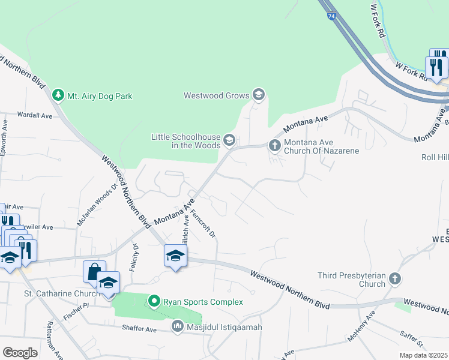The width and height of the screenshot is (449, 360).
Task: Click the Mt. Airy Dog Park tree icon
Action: click(x=58, y=95)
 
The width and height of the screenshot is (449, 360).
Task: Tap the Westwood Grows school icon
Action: click(x=259, y=95)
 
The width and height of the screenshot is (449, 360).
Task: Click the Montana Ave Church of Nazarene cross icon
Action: click(x=274, y=145)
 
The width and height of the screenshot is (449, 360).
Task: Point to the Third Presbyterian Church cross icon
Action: click(x=394, y=278)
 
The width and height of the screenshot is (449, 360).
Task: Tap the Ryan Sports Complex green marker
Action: click(x=154, y=301)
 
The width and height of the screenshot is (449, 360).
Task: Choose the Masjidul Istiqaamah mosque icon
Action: click(x=177, y=327)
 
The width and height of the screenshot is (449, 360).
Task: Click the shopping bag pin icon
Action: click(x=94, y=271)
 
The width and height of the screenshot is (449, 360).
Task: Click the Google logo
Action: click(x=20, y=353)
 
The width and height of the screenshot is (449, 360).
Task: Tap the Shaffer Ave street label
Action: click(x=139, y=329)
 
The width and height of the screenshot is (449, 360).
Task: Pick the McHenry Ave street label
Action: click(x=361, y=326)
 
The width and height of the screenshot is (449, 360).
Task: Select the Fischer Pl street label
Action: click(x=77, y=305)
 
